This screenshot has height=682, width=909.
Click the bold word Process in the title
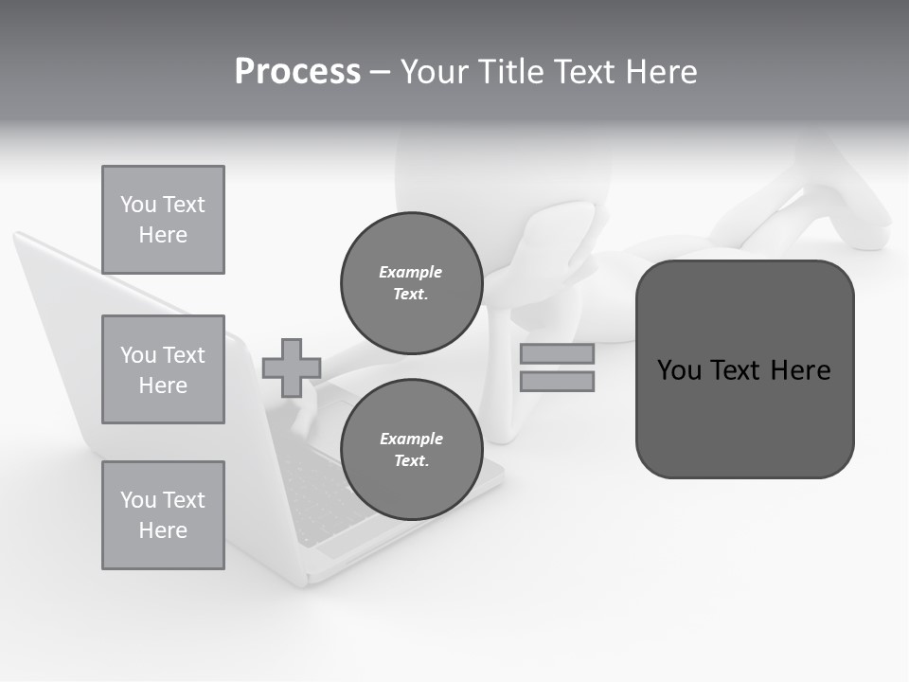(297, 72)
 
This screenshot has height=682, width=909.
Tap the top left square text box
(163, 220)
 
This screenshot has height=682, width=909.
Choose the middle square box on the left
(163, 369)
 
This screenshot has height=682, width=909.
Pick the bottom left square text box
(163, 515)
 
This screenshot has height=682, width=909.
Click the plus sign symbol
(292, 368)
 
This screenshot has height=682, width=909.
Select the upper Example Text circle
(411, 283)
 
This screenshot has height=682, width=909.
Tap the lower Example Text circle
(411, 450)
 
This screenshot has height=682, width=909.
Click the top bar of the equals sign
(557, 353)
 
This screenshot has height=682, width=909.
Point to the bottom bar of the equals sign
(557, 381)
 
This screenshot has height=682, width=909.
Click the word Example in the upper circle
(411, 272)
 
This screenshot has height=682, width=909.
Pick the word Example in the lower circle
(411, 439)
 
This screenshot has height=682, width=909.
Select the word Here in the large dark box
(800, 370)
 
